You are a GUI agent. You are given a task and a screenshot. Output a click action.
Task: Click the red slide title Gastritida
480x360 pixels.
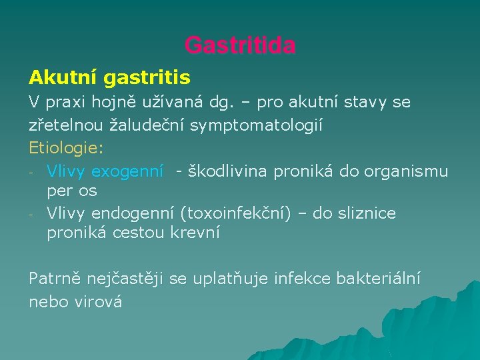point(240,45)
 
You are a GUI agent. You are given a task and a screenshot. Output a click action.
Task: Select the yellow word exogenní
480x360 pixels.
point(127,171)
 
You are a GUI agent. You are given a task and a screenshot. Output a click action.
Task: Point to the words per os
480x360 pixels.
point(72,191)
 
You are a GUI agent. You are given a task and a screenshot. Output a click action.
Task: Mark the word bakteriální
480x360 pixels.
point(383,279)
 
